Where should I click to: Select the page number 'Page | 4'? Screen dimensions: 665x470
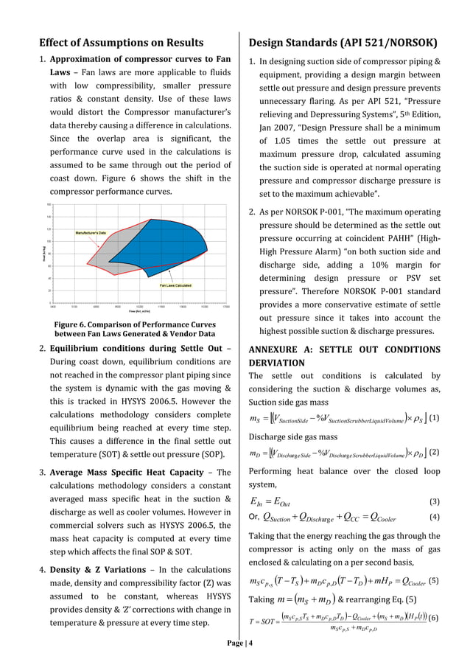coord(235,643)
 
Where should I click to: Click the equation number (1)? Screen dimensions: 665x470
coord(435,417)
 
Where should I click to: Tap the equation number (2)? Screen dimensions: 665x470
coord(435,451)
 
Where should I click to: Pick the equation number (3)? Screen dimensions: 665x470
coord(435,501)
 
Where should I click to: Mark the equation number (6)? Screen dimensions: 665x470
coord(435,616)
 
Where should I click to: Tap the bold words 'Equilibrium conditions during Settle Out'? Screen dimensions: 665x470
coord(136,348)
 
